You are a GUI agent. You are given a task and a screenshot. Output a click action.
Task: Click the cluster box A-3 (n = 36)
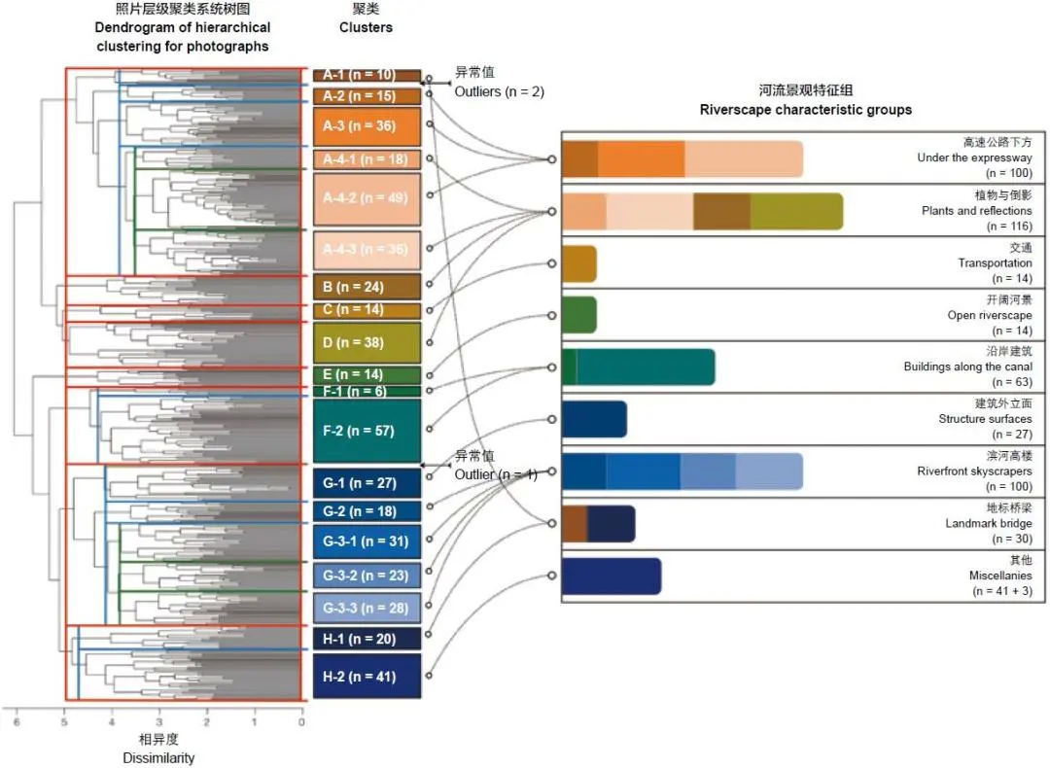(x=367, y=126)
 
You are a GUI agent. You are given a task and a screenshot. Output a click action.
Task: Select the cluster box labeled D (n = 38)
(x=367, y=342)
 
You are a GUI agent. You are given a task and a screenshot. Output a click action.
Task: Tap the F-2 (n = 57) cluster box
(x=367, y=430)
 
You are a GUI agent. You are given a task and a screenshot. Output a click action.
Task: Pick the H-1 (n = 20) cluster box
(x=367, y=638)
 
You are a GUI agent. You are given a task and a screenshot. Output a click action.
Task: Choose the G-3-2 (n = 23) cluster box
(x=367, y=575)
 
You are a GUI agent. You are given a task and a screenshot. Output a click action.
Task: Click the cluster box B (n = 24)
(x=367, y=287)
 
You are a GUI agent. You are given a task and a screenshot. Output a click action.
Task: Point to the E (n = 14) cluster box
(x=367, y=374)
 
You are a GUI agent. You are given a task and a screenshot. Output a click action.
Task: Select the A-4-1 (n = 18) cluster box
(x=367, y=159)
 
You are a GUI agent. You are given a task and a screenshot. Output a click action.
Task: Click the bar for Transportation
(x=578, y=263)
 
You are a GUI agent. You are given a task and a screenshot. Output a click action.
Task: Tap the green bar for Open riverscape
(x=578, y=315)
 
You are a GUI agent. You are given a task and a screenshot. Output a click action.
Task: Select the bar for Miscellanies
(x=611, y=576)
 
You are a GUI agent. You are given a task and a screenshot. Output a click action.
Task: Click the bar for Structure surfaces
(x=594, y=419)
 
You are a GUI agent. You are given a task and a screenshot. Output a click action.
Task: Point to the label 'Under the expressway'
(x=974, y=157)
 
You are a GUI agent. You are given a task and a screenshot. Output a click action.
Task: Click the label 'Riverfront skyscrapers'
(x=974, y=471)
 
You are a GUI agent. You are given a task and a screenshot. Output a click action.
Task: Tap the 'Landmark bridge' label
(x=989, y=523)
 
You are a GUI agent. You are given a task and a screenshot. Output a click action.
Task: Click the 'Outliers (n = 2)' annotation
(x=499, y=91)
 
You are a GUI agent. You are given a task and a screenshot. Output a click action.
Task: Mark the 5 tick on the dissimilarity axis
(x=64, y=722)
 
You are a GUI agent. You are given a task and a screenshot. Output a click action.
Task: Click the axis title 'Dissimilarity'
(x=158, y=757)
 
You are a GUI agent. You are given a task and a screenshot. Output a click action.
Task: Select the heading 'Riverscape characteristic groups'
(x=805, y=110)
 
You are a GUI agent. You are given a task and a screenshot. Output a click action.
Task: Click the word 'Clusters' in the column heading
(x=366, y=27)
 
